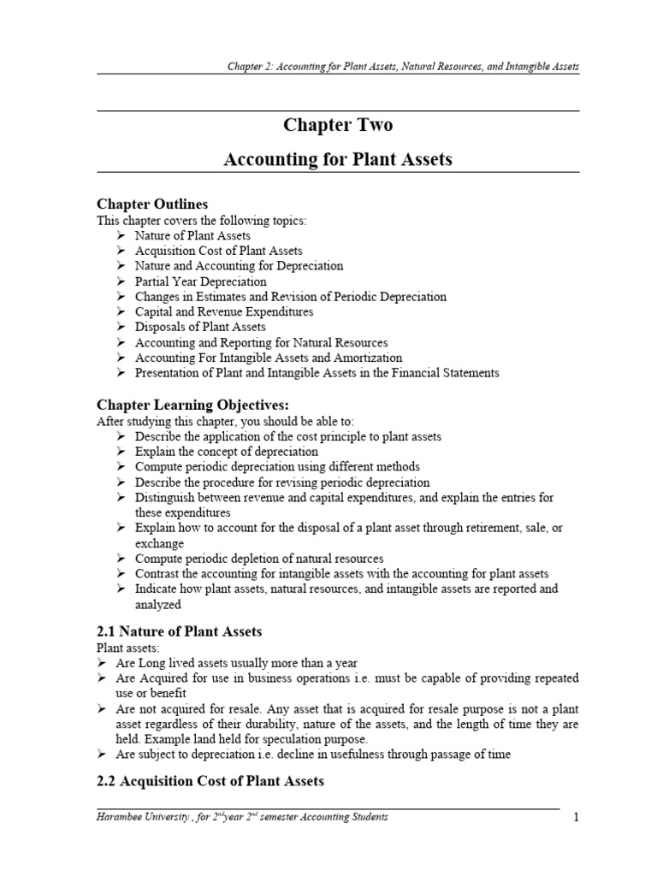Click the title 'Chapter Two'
click(x=338, y=125)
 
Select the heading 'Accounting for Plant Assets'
click(x=338, y=159)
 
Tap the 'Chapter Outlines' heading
click(x=151, y=204)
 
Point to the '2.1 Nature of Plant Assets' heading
click(x=179, y=631)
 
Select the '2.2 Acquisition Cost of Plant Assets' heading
click(x=210, y=780)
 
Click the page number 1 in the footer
click(x=576, y=818)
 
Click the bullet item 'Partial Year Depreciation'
click(x=200, y=281)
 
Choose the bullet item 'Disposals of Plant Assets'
click(x=200, y=327)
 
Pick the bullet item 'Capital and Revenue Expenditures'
click(x=224, y=312)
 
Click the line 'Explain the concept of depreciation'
click(x=227, y=452)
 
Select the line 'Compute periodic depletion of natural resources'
click(x=259, y=559)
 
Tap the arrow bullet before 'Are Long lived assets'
click(x=102, y=663)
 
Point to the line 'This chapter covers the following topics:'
click(x=201, y=221)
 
